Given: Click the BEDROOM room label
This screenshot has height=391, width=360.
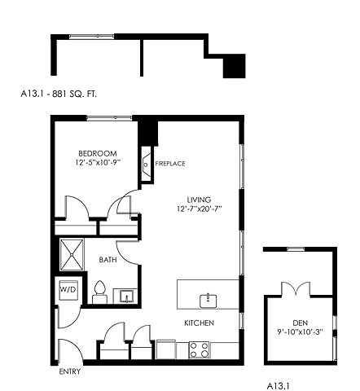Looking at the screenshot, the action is (x=98, y=153).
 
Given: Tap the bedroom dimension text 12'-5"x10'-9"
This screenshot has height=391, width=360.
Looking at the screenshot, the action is (x=98, y=162).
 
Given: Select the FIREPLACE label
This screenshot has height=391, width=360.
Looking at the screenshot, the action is (x=170, y=164).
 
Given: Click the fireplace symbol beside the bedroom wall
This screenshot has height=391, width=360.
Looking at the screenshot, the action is (x=147, y=165).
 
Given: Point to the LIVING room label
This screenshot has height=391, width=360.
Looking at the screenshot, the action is (x=199, y=200).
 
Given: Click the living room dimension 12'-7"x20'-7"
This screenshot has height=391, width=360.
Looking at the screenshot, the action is (x=200, y=209).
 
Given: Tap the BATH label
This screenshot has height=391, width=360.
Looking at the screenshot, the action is (x=108, y=260).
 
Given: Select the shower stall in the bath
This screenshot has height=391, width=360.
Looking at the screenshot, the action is (x=72, y=255).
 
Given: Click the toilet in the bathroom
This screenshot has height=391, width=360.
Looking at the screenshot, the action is (x=99, y=292).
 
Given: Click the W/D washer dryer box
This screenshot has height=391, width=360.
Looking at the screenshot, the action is (x=68, y=290).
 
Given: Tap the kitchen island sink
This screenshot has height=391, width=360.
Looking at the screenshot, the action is (x=209, y=301).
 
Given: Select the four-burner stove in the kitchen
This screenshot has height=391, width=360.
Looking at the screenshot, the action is (x=200, y=349).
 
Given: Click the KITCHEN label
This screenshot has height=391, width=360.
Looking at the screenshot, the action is (x=200, y=323).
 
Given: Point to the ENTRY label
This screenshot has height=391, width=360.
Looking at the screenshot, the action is (x=70, y=371).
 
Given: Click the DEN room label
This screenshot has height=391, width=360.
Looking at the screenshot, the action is (x=301, y=323).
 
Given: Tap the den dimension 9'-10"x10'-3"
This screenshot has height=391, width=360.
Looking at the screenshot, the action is (x=301, y=332).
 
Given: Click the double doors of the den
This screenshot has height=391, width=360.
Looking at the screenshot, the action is (x=296, y=288).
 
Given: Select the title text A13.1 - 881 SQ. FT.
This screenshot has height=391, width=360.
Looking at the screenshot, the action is (x=59, y=94).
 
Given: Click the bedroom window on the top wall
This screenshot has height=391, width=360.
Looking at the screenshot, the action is (x=109, y=117).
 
